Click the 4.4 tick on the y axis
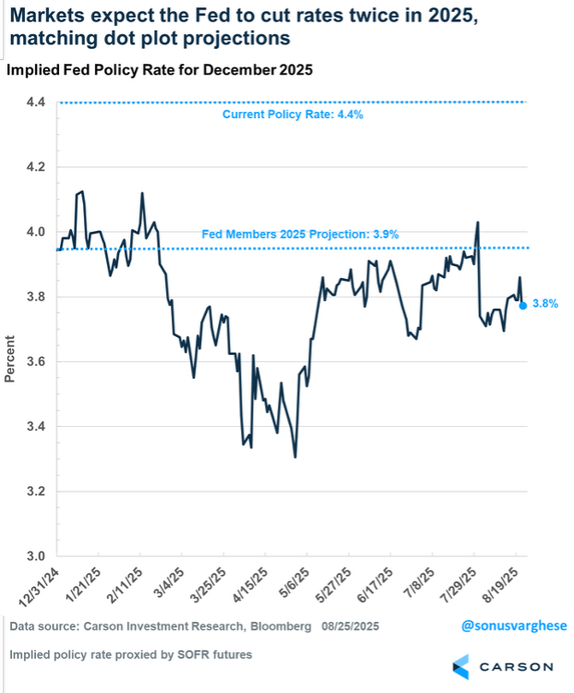click(x=37, y=102)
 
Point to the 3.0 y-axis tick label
click(x=37, y=556)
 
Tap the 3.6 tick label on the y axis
click(x=37, y=361)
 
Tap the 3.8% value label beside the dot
click(x=545, y=303)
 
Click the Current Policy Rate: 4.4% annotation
click(x=293, y=115)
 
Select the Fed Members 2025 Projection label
click(x=300, y=235)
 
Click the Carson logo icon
click(x=463, y=665)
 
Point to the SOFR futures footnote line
click(x=130, y=655)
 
